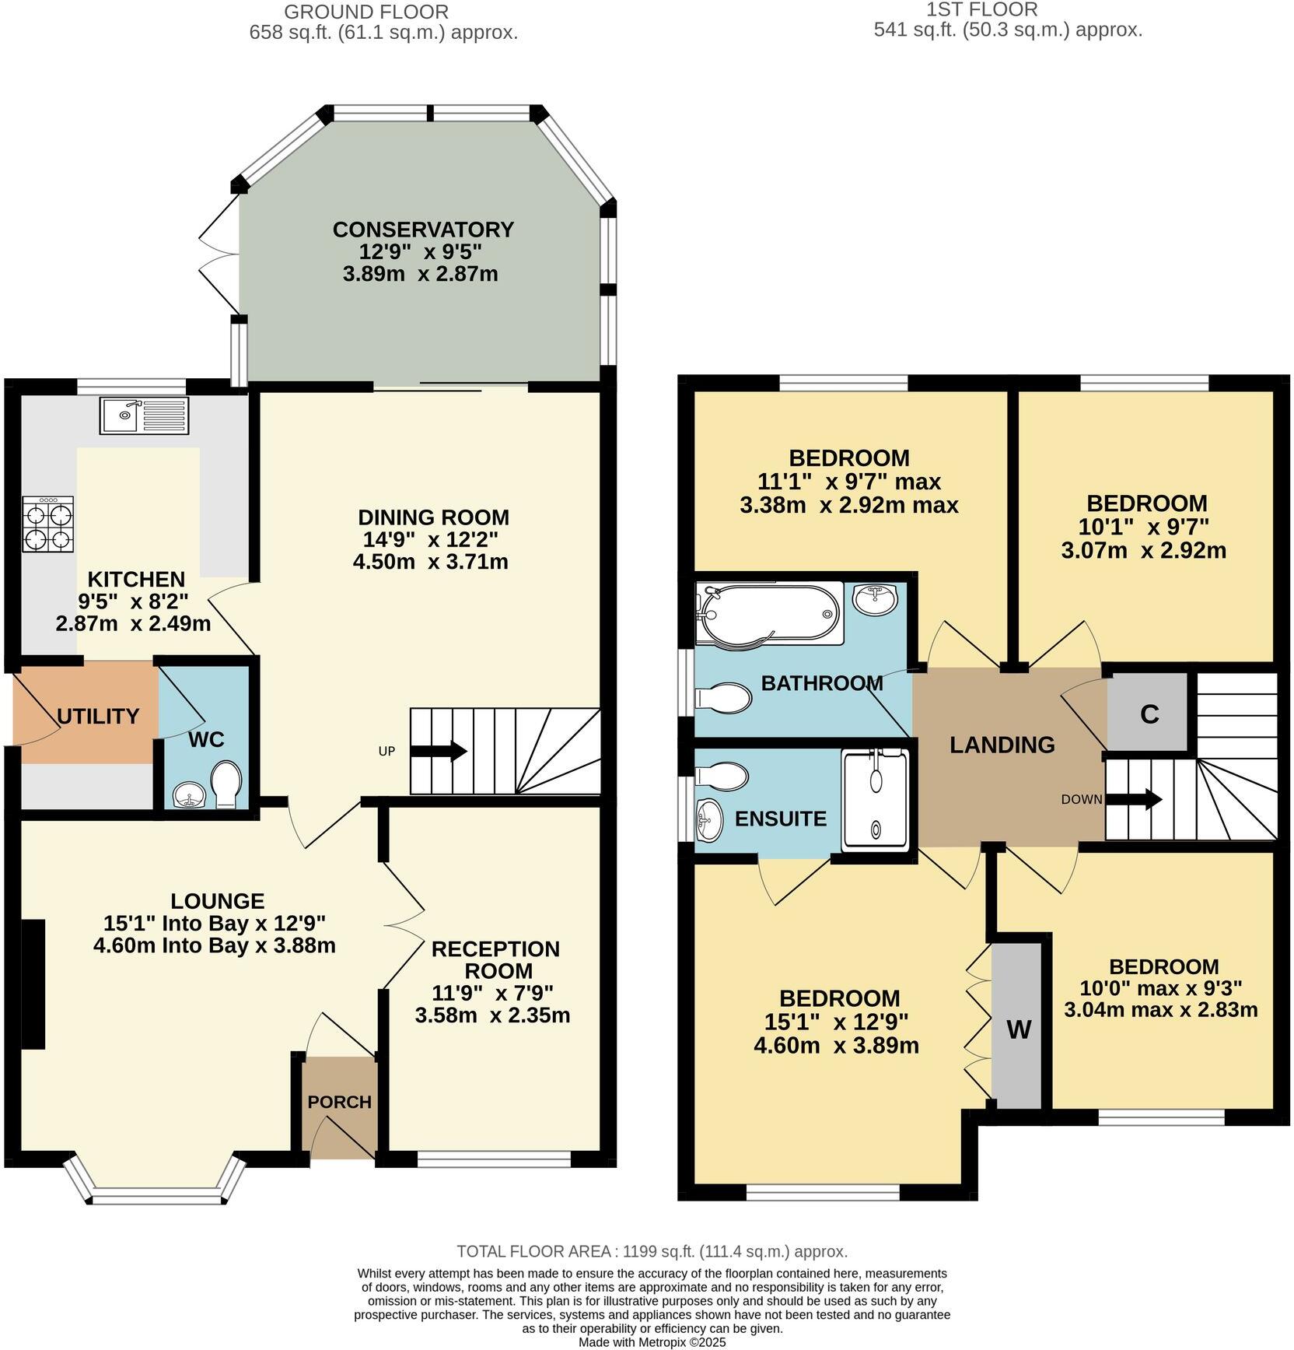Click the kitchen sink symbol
click(x=144, y=416)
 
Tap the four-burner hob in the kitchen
click(x=49, y=525)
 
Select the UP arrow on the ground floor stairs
click(x=438, y=752)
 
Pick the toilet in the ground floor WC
click(x=226, y=784)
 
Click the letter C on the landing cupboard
click(x=1149, y=714)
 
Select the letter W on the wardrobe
click(x=1019, y=1029)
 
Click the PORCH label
click(x=339, y=1102)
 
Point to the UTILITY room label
click(x=98, y=716)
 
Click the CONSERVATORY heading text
click(x=423, y=230)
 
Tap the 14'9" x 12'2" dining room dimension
click(x=430, y=539)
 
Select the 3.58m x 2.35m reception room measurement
click(x=492, y=1015)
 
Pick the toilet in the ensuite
click(x=722, y=776)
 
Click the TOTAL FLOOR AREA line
click(x=652, y=1251)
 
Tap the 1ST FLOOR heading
click(x=981, y=10)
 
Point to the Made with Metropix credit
click(x=652, y=1342)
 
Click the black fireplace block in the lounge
click(x=32, y=985)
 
